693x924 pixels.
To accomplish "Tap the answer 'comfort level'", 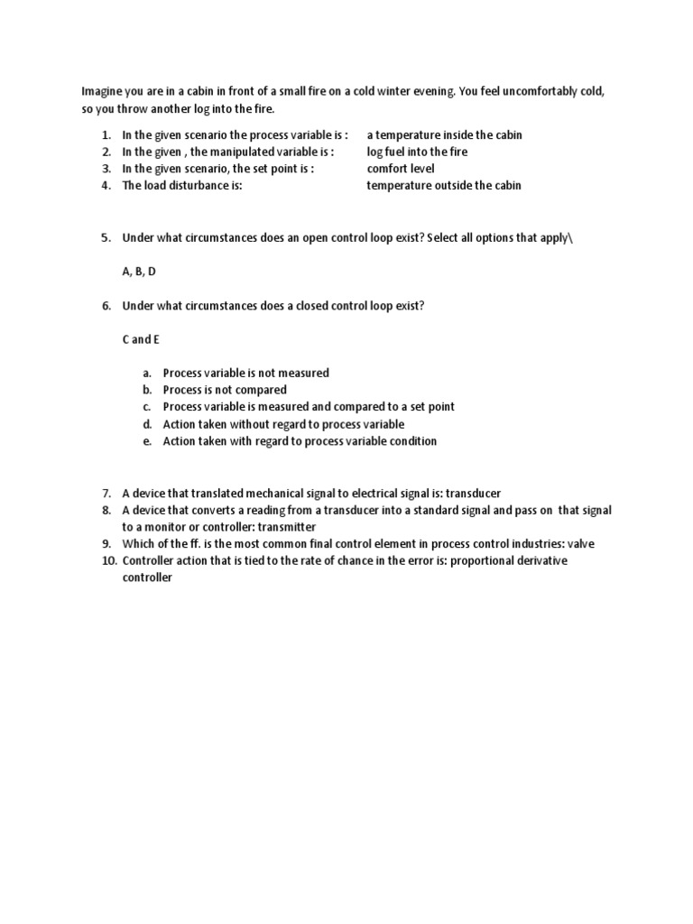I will pyautogui.click(x=400, y=169).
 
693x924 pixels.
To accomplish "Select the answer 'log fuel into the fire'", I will pyautogui.click(x=417, y=152).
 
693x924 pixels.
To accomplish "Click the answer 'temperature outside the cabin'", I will pyautogui.click(x=443, y=186).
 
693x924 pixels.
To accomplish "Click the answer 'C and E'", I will pyautogui.click(x=140, y=339).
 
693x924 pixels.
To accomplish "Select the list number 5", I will pyautogui.click(x=106, y=237).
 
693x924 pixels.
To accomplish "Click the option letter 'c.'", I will pyautogui.click(x=147, y=407).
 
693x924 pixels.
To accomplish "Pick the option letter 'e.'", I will pyautogui.click(x=147, y=441).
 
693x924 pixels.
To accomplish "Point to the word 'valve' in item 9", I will pyautogui.click(x=580, y=544).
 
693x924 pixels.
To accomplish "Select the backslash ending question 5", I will pyautogui.click(x=570, y=237).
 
